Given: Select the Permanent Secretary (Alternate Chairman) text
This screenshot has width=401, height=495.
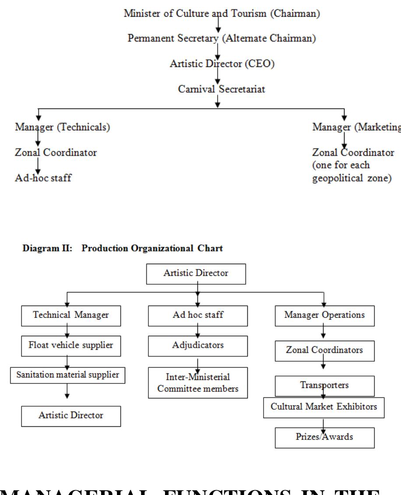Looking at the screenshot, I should (222, 38).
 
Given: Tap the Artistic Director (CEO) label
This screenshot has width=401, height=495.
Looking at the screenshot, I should (219, 63).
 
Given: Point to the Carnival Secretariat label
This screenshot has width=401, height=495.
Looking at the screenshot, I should (218, 89).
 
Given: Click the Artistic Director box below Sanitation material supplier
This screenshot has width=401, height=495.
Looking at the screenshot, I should (71, 415).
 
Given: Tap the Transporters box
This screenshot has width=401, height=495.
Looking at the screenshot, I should (324, 385).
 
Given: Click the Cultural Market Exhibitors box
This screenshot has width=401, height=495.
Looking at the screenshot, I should (324, 407).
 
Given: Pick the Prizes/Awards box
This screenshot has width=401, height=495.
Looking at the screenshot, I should (324, 437).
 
